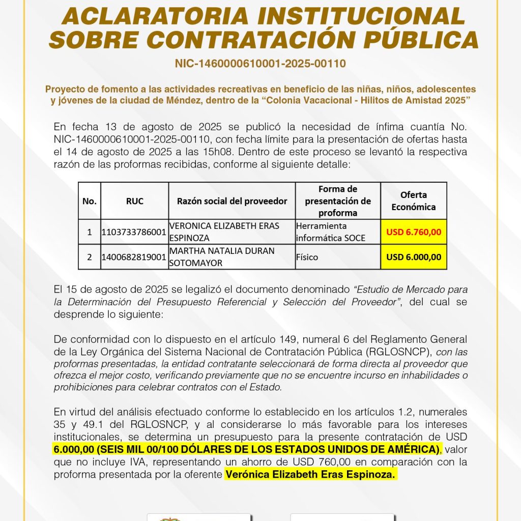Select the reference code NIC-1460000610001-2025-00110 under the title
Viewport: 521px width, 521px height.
point(260,64)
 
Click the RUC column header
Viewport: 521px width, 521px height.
point(134,201)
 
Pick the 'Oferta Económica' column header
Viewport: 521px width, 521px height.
point(413,201)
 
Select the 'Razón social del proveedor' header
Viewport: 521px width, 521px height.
point(231,201)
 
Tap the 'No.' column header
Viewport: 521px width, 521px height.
point(89,201)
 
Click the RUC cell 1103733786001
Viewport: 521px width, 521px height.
point(134,232)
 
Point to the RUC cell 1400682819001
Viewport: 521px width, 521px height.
point(134,257)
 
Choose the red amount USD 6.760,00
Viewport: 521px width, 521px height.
point(413,232)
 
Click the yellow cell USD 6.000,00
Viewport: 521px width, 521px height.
point(413,257)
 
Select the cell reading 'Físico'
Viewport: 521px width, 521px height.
point(307,257)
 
